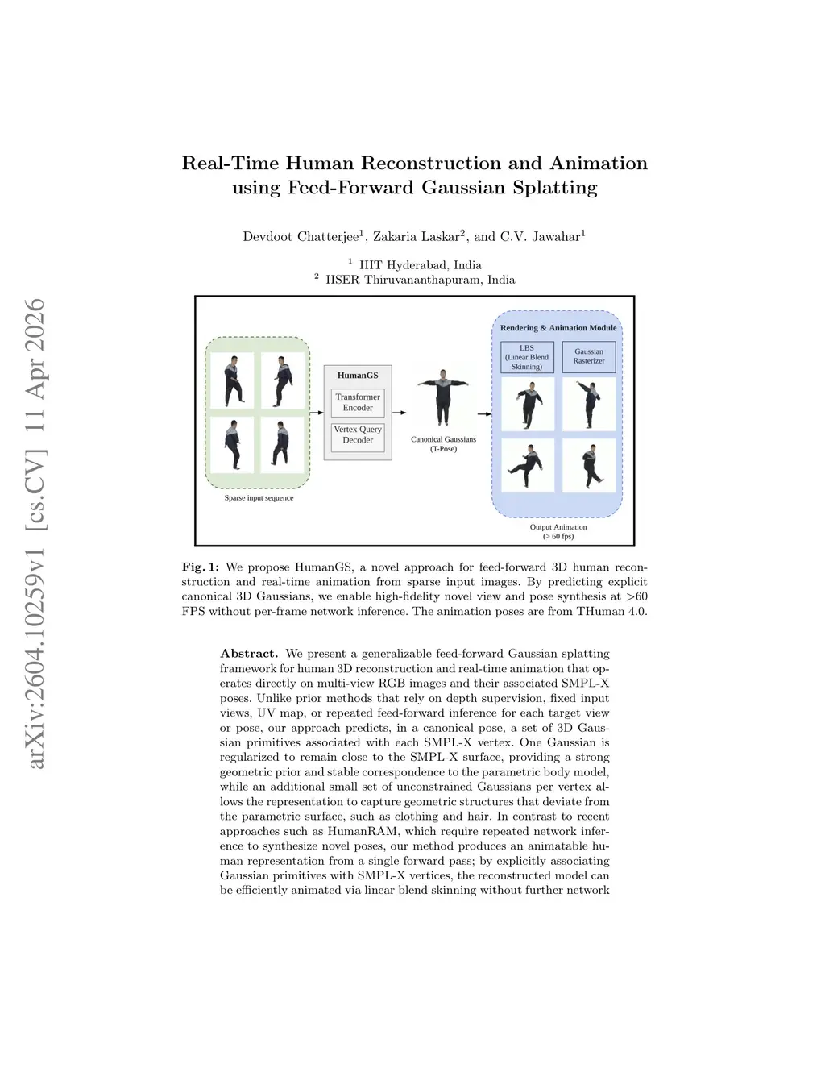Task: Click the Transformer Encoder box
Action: [358, 402]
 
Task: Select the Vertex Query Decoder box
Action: [358, 435]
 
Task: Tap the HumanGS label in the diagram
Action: [358, 376]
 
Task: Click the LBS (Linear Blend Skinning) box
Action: [527, 357]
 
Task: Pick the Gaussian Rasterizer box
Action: [589, 356]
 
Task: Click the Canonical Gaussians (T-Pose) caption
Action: [443, 444]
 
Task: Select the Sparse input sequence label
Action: [259, 498]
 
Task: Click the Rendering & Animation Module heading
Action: [558, 328]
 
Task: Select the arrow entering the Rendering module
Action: [483, 413]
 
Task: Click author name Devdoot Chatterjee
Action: [301, 237]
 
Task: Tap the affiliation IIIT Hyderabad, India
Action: [420, 265]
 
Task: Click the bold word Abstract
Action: [249, 654]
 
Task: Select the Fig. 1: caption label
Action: [200, 567]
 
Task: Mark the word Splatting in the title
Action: [555, 188]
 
